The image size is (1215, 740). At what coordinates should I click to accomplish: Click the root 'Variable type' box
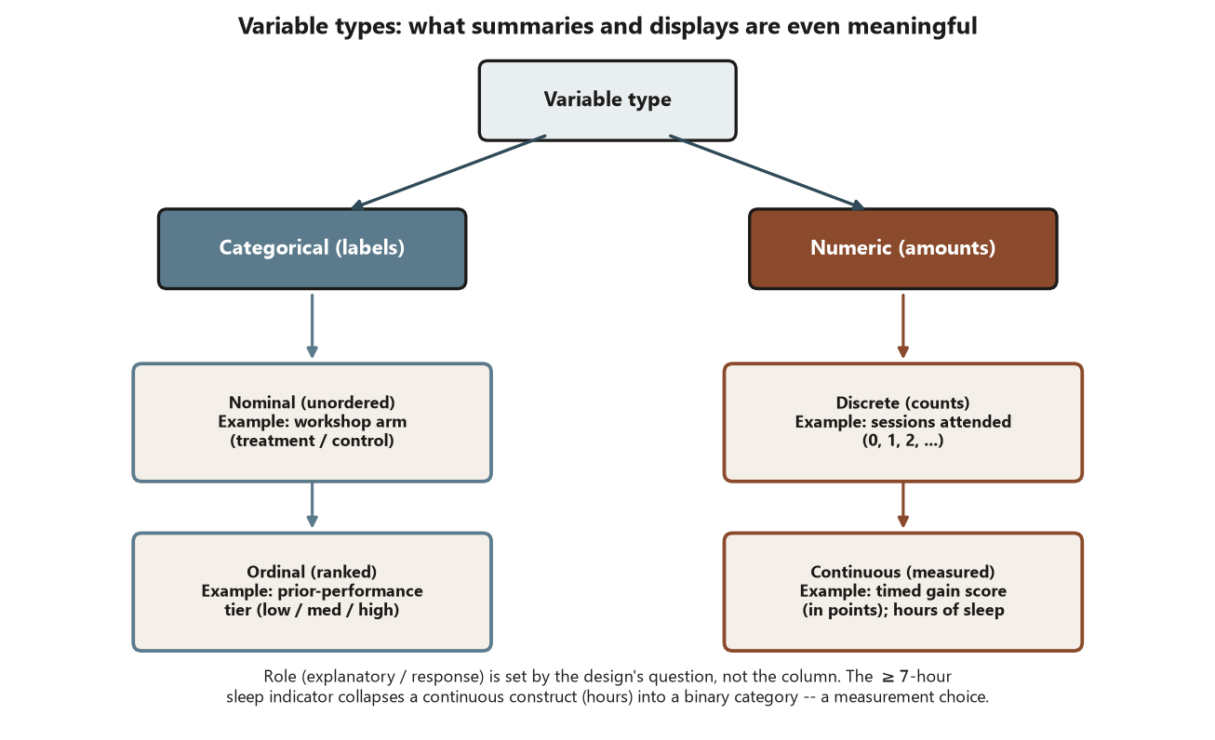[607, 100]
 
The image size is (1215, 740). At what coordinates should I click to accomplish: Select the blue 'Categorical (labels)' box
[312, 248]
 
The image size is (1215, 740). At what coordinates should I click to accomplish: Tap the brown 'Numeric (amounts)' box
[903, 248]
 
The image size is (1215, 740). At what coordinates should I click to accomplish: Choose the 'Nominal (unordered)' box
[312, 422]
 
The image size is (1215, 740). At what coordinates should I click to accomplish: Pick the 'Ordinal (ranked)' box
[312, 591]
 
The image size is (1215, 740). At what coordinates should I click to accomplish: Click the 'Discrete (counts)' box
[903, 422]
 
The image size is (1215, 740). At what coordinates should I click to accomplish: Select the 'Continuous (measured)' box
[903, 591]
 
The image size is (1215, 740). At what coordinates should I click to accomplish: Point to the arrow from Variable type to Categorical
[448, 172]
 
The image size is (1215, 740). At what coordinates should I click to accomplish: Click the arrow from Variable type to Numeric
[767, 172]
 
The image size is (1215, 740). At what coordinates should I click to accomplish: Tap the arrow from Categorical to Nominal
[312, 325]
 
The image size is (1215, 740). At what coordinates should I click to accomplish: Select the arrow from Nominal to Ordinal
[312, 505]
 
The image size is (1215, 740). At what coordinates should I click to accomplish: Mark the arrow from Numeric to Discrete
[903, 325]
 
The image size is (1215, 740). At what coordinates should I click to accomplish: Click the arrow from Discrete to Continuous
[903, 505]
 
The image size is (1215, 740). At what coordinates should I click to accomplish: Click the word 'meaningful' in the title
[912, 26]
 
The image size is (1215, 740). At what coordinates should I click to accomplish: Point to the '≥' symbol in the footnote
[888, 677]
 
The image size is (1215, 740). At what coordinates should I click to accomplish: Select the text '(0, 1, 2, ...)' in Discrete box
[903, 441]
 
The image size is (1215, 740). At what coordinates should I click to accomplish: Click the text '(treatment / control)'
[312, 441]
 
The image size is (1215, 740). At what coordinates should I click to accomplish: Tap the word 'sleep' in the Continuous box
[983, 610]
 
